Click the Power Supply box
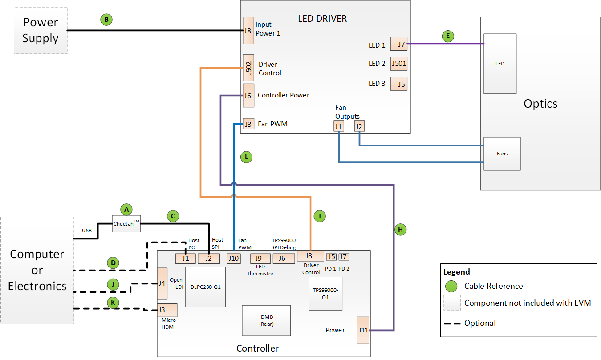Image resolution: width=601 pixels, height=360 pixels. (x=41, y=30)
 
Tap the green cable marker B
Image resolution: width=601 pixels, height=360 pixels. (x=106, y=20)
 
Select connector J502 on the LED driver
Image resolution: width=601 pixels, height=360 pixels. (x=248, y=67)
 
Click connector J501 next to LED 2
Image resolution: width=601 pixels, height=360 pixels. (x=399, y=64)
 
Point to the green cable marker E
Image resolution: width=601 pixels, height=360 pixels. (x=448, y=36)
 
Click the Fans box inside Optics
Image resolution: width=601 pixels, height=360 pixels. (x=502, y=154)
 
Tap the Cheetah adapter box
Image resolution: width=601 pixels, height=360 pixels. (x=126, y=224)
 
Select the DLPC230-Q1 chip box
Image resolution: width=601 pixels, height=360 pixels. (x=205, y=287)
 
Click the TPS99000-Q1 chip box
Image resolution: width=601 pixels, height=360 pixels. (x=325, y=293)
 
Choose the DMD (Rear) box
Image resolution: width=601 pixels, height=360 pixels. (x=266, y=320)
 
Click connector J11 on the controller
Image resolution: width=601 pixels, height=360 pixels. (x=363, y=330)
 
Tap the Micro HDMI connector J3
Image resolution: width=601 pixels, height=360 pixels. (x=167, y=310)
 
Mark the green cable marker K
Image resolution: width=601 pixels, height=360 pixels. (x=113, y=303)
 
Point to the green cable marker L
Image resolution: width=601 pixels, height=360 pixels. (x=246, y=157)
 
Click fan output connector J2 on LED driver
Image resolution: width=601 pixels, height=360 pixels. (x=359, y=127)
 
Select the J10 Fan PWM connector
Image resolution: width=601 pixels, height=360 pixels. (x=234, y=258)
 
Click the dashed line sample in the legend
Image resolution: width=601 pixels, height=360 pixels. (x=451, y=323)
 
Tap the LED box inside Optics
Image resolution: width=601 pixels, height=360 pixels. (x=500, y=64)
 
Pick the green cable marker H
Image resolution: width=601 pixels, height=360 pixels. (x=400, y=230)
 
